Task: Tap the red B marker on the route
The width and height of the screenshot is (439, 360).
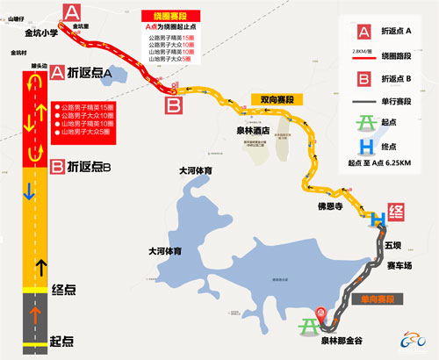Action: click(175, 106)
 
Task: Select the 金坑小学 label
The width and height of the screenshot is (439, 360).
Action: click(40, 32)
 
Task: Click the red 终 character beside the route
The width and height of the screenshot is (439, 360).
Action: click(397, 211)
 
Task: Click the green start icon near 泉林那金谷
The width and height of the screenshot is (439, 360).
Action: click(310, 326)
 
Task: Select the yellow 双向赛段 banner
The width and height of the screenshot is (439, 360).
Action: click(270, 99)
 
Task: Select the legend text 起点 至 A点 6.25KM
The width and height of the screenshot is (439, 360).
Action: click(386, 185)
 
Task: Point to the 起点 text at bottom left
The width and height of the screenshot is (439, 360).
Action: click(61, 340)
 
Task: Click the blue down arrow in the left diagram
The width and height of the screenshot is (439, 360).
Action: click(29, 191)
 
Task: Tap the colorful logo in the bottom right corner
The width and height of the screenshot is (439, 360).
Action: click(413, 339)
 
